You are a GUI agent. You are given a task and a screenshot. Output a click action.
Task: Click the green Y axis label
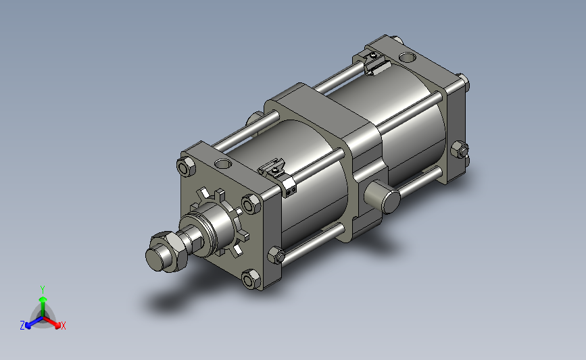[x=43, y=288]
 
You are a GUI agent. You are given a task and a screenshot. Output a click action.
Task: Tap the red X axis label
[x=64, y=326]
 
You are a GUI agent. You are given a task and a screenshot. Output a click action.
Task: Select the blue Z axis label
[x=22, y=326]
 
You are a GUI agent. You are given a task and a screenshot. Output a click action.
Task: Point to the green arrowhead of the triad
[x=43, y=297]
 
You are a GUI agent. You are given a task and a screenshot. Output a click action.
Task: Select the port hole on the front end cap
[x=222, y=164]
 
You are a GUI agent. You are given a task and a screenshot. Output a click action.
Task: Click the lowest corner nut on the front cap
[x=249, y=279]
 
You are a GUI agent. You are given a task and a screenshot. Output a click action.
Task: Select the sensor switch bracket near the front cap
[x=277, y=169]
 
